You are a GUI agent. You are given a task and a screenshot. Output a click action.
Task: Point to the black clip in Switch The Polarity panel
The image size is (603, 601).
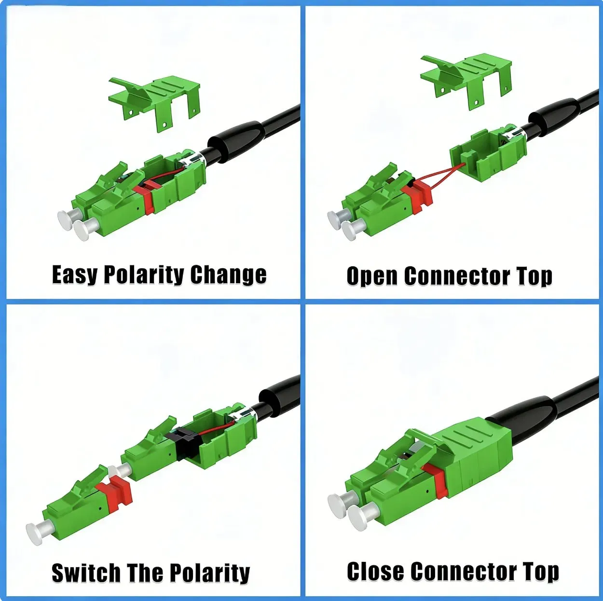(183, 438)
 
